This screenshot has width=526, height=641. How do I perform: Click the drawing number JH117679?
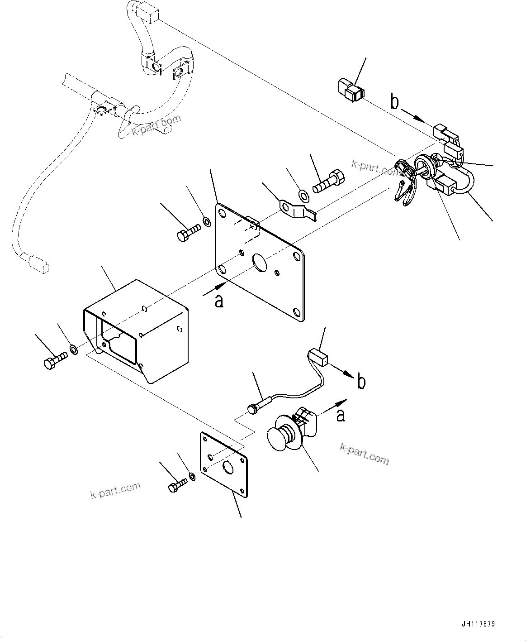479,624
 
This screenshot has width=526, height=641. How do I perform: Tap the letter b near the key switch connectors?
395,103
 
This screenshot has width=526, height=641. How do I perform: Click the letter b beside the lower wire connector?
361,381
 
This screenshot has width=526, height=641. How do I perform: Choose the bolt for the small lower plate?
177,487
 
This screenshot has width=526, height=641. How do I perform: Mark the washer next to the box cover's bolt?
73,349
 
